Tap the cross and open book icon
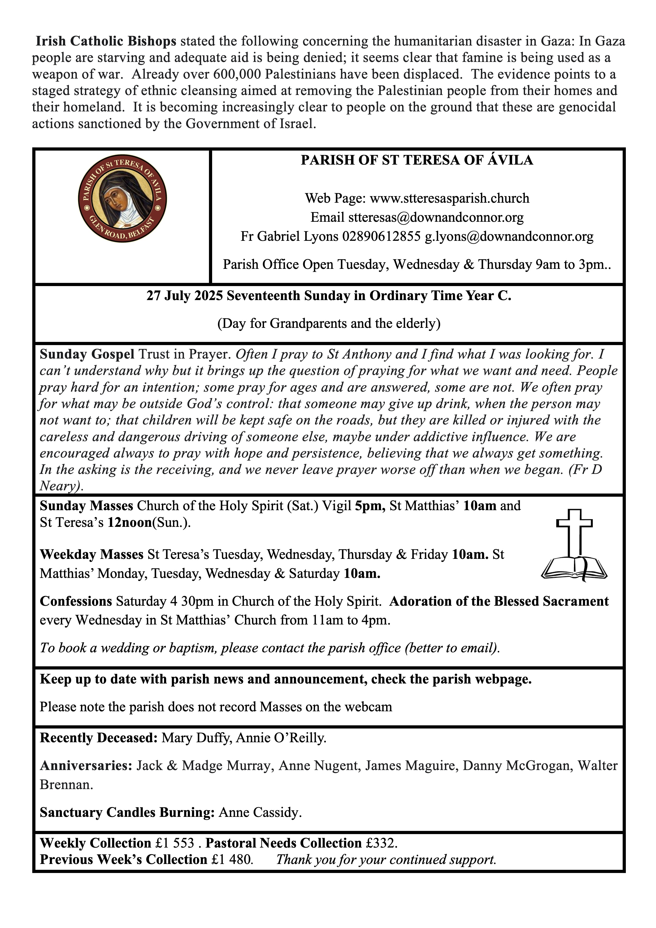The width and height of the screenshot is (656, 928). tap(574, 545)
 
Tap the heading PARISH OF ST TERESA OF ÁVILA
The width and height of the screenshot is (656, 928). tap(417, 160)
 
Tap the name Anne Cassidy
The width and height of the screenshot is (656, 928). tap(260, 812)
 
